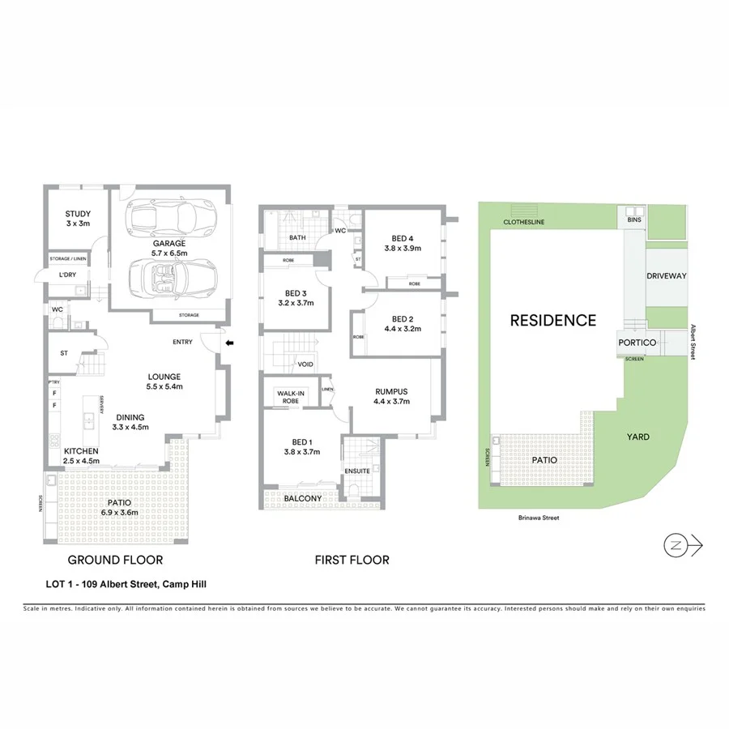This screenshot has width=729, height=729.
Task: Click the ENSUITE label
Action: (356, 470)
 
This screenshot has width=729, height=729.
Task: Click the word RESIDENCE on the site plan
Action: (552, 321)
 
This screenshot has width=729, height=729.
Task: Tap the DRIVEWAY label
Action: (666, 276)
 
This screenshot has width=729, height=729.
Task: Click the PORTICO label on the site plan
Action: (636, 343)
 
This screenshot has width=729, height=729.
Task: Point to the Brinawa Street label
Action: (539, 518)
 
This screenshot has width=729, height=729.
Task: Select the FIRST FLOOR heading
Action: (352, 560)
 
